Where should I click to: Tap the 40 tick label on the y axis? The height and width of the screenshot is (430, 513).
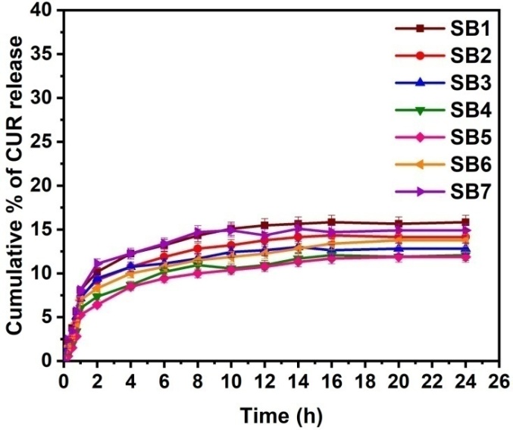pos(44,11)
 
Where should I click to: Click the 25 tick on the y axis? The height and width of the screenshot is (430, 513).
pos(44,143)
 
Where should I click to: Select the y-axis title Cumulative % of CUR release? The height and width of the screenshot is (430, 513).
pos(16,186)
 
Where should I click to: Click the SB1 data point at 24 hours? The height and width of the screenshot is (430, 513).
pos(463,222)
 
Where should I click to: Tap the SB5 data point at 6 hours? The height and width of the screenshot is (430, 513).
pos(164,278)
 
